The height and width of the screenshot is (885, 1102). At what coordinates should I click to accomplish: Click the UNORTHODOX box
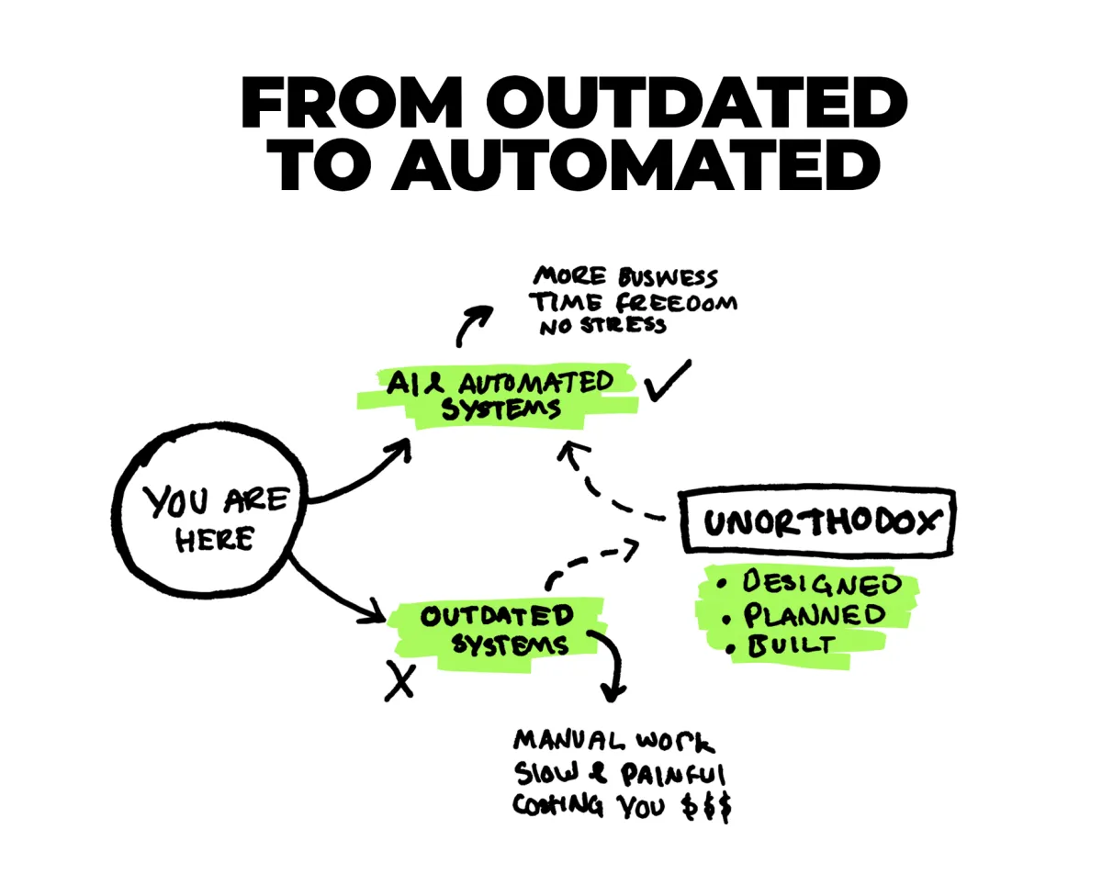(x=821, y=523)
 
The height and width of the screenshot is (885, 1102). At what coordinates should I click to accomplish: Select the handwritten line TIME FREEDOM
(x=634, y=302)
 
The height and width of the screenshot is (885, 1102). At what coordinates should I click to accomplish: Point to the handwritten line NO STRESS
(x=599, y=326)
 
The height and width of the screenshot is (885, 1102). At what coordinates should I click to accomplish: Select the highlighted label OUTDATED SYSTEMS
(x=497, y=630)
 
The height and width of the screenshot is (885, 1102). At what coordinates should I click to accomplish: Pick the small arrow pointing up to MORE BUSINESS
(x=475, y=321)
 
